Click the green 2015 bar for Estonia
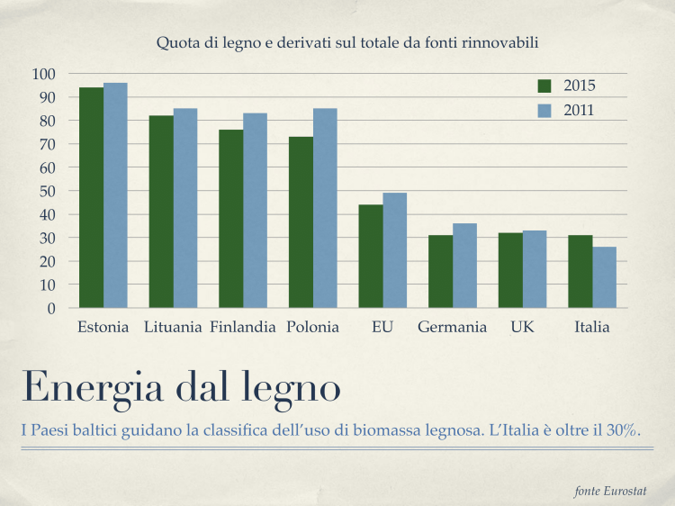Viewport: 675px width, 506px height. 91,198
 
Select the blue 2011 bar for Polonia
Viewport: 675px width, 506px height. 325,208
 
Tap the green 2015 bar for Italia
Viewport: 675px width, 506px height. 580,271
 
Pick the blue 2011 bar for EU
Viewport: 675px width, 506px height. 395,250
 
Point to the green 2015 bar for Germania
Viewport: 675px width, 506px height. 440,271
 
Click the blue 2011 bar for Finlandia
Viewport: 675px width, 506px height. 255,211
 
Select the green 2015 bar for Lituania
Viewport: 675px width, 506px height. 161,212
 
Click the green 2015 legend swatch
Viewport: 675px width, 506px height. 544,86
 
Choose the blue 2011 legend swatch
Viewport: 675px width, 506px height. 544,111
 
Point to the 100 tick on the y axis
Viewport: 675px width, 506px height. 43,74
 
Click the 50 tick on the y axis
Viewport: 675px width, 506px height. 47,191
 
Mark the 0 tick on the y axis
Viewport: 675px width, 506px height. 50,308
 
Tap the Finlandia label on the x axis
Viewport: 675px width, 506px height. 243,327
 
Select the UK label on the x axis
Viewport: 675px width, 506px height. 522,327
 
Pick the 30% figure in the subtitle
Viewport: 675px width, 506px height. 621,431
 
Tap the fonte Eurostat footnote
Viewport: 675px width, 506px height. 611,491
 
